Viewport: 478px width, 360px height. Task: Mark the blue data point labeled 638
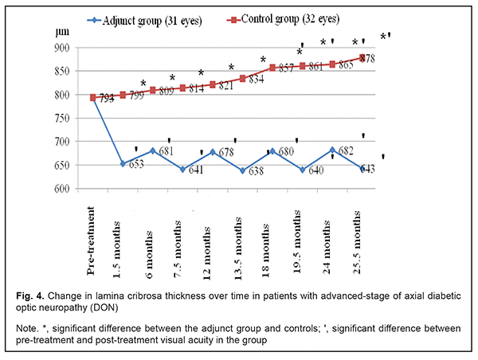coord(243,170)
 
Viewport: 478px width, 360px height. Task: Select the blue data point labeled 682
coord(332,150)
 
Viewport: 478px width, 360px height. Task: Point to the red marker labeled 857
coord(272,68)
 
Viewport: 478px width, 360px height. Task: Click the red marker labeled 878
coord(362,57)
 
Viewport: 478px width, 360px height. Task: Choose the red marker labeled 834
coord(243,78)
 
